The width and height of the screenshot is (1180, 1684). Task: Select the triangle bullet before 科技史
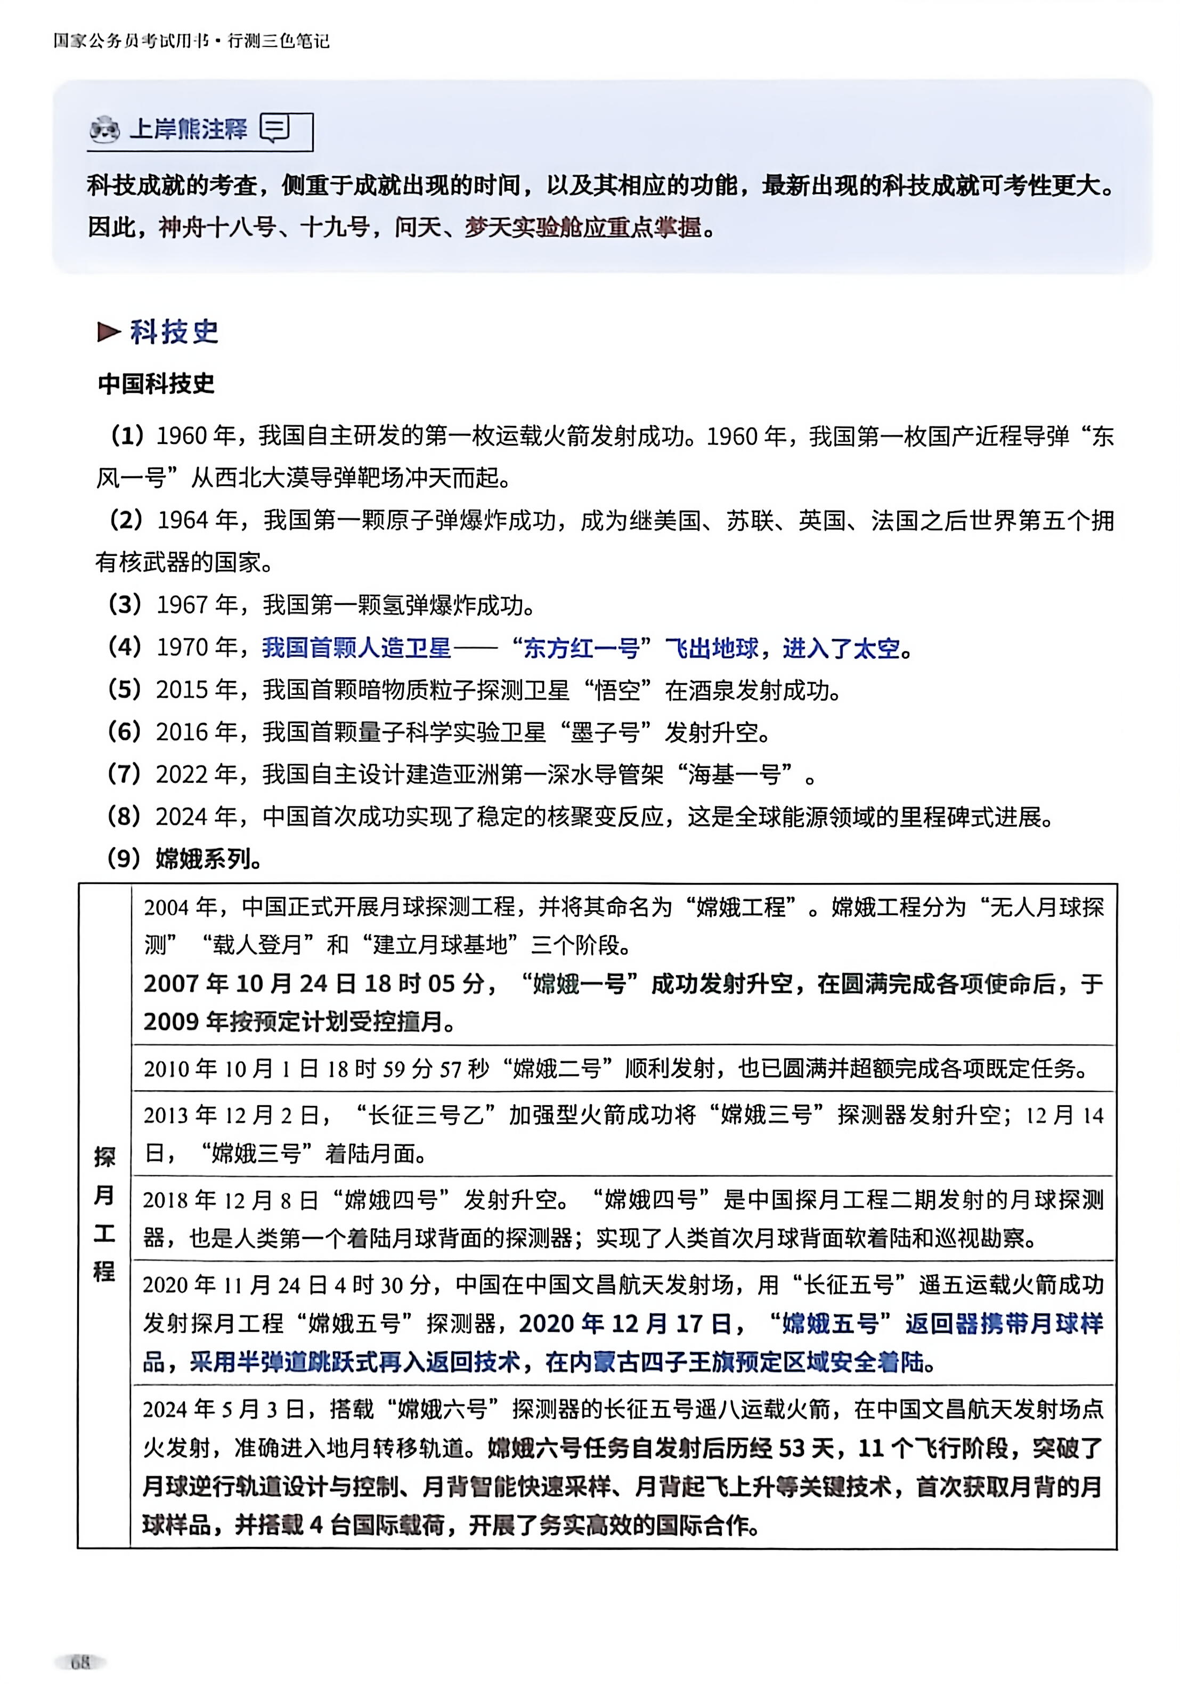tap(109, 332)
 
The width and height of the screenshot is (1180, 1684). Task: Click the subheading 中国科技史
tap(156, 384)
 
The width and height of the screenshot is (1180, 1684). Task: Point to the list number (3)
tap(125, 605)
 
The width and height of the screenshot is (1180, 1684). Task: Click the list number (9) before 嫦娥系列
tap(124, 858)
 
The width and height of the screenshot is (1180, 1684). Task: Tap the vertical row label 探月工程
tap(104, 1214)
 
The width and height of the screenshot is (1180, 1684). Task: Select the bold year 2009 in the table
tap(172, 1022)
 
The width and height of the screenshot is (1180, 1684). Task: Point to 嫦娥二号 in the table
tap(557, 1068)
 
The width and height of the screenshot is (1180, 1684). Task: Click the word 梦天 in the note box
tap(487, 228)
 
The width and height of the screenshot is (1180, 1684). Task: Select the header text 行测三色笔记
tap(278, 41)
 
